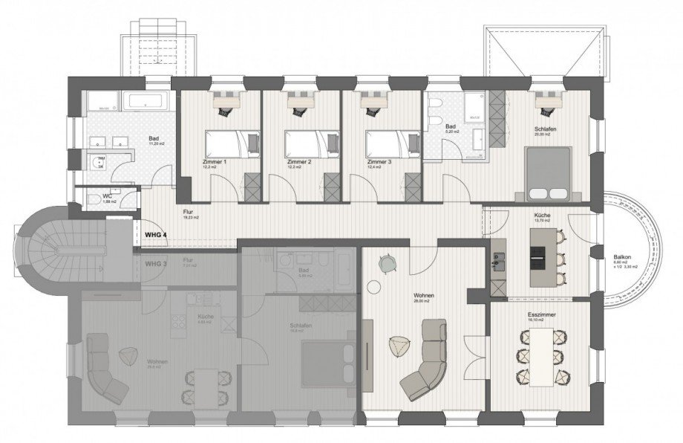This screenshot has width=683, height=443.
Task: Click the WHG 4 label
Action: pos(157,234)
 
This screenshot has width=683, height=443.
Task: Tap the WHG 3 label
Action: pos(157,264)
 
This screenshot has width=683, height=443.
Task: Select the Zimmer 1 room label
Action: pos(215,161)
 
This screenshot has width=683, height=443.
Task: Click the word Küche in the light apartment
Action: pos(542,215)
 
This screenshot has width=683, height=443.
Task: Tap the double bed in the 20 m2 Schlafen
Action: pos(549,174)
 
